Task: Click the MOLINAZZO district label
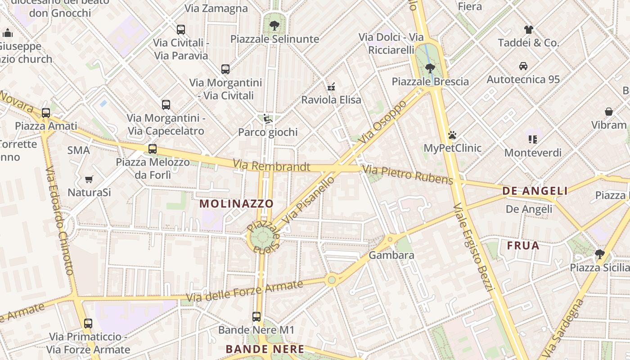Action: [236, 203]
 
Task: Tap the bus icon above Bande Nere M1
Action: [256, 317]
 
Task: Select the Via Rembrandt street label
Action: [271, 166]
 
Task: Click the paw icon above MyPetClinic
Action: [452, 135]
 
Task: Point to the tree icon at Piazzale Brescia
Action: [430, 68]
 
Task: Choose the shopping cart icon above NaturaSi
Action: [89, 179]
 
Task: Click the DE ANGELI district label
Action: [535, 191]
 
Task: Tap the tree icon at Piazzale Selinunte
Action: [274, 26]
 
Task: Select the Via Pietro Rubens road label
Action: [408, 175]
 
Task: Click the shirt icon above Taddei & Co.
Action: [528, 30]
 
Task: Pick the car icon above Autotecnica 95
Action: [523, 66]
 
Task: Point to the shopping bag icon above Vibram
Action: [609, 112]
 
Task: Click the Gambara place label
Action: [391, 255]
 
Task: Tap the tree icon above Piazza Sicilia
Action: [599, 254]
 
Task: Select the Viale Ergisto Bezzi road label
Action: [474, 247]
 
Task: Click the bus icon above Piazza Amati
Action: [46, 113]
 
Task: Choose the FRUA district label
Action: [523, 246]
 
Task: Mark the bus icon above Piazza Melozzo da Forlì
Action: [153, 149]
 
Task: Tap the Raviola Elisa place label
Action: [331, 100]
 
